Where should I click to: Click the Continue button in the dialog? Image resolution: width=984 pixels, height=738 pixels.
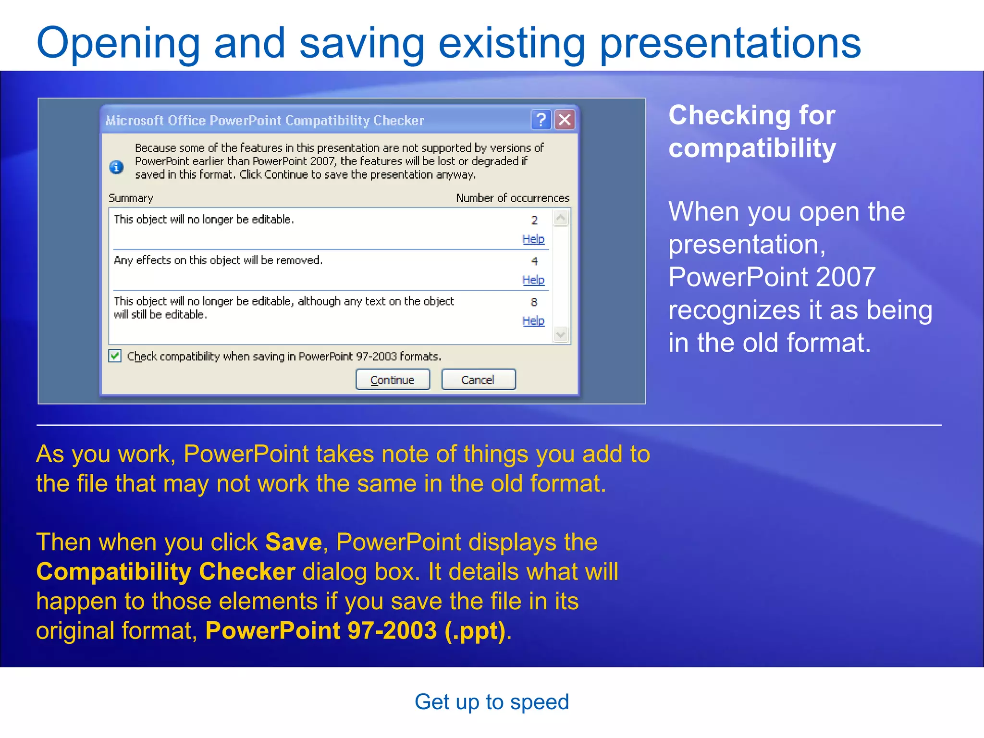(393, 380)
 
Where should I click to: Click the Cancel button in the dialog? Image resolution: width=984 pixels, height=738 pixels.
(478, 380)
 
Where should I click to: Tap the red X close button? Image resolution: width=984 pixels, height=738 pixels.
(565, 120)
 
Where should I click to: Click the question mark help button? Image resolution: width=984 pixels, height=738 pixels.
(541, 120)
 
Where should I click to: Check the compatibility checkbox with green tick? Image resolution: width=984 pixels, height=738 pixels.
(115, 356)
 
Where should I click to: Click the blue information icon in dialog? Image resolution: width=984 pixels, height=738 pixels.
(116, 167)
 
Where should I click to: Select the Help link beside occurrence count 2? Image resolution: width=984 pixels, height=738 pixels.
(533, 239)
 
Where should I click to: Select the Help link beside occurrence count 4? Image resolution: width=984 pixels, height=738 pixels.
(533, 280)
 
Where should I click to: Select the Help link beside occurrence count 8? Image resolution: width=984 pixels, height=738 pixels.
(533, 320)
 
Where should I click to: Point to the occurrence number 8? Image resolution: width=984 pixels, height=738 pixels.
(534, 302)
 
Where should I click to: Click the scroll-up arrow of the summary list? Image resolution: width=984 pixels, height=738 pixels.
(561, 219)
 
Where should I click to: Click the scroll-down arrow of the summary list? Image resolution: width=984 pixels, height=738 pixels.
(561, 334)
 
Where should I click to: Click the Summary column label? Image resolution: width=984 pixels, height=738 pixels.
(131, 198)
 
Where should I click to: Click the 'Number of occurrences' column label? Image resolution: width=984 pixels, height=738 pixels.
(512, 198)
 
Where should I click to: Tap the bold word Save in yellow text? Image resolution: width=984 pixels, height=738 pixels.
(293, 542)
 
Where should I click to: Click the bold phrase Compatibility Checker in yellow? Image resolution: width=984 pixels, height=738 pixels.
(166, 572)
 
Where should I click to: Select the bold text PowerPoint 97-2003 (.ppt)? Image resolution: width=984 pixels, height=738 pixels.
(356, 630)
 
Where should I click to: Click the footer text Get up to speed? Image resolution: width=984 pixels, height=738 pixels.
(492, 702)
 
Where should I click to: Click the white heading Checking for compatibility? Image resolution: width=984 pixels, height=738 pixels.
(752, 131)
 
